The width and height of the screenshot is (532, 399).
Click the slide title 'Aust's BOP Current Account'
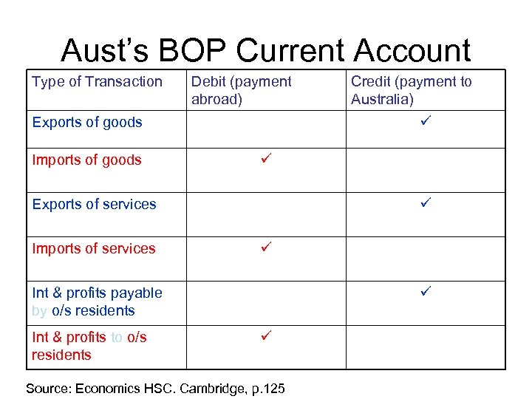265,50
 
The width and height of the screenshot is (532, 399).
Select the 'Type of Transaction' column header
97,82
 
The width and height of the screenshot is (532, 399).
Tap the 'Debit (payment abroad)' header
242,90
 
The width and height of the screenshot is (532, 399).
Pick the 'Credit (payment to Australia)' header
411,90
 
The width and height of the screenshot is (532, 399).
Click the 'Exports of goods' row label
87,123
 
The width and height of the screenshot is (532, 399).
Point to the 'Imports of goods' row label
86,160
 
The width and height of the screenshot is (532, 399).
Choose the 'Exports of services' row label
94,205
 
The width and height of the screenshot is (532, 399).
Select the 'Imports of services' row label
94,249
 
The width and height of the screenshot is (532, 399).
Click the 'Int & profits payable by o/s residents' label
97,301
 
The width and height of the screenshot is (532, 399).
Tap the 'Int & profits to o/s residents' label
89,346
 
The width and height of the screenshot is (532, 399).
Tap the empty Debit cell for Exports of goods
265,130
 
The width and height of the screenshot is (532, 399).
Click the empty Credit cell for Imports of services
425,259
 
